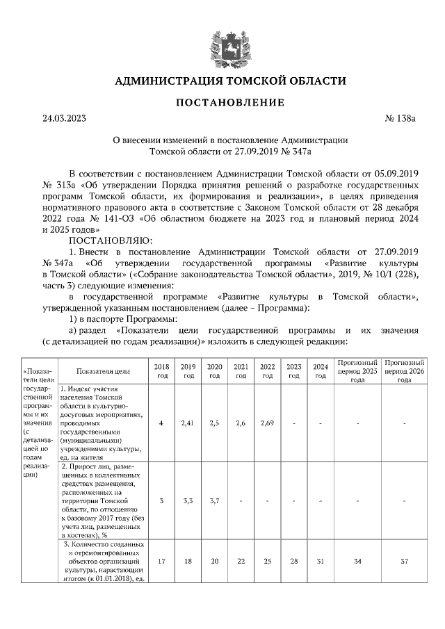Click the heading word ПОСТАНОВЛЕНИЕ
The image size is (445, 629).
pyautogui.click(x=230, y=103)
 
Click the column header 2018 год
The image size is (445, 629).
pyautogui.click(x=161, y=370)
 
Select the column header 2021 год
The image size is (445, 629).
pyautogui.click(x=241, y=370)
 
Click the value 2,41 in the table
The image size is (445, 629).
pyautogui.click(x=188, y=423)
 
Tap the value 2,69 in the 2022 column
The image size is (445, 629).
pyautogui.click(x=267, y=423)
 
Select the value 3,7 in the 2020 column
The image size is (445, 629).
pyautogui.click(x=214, y=500)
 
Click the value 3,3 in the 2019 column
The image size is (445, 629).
pyautogui.click(x=188, y=500)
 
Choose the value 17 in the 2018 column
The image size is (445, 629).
pyautogui.click(x=161, y=560)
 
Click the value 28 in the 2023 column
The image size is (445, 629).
pyautogui.click(x=293, y=560)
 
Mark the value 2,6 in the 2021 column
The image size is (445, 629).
pyautogui.click(x=241, y=423)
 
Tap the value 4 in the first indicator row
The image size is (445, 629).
pyautogui.click(x=161, y=423)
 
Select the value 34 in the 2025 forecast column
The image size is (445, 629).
pyautogui.click(x=357, y=560)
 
